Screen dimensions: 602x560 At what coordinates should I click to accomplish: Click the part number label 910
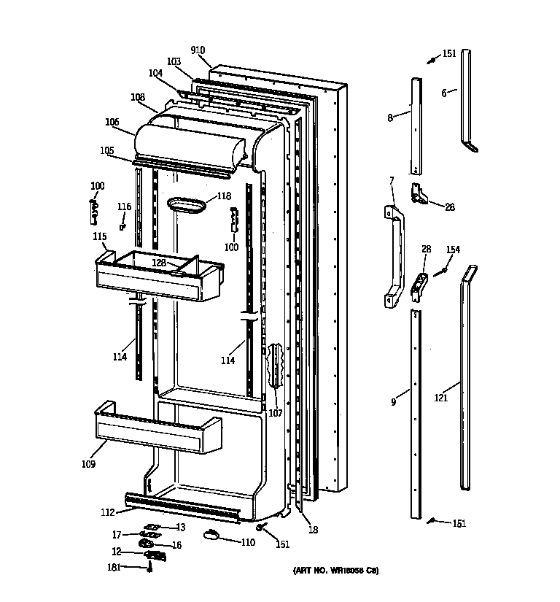point(198,50)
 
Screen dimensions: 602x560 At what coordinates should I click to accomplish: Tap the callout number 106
point(112,123)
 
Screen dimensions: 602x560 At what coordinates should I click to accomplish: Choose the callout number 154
point(453,250)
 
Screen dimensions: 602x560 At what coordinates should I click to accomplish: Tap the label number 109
point(88,463)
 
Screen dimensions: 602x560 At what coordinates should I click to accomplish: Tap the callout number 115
point(99,236)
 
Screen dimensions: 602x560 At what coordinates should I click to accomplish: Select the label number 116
point(124,207)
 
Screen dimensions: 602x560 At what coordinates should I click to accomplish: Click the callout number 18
point(313,530)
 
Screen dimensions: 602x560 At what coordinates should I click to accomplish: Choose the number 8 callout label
point(390,117)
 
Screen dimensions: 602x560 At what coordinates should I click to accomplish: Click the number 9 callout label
point(394,401)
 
